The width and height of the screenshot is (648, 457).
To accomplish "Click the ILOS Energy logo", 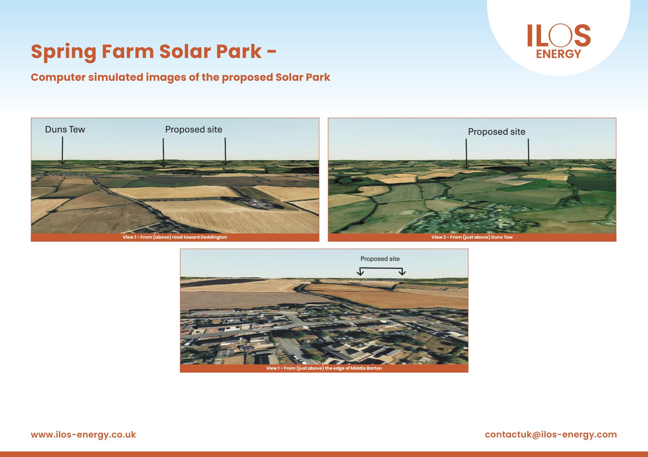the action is (559, 41).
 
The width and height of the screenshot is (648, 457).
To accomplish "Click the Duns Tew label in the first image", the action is (65, 129).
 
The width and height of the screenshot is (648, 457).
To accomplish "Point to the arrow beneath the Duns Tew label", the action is (62, 150).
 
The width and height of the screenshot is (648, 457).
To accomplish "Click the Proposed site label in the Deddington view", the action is (194, 129).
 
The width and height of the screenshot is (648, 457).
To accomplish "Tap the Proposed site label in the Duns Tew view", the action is (496, 132).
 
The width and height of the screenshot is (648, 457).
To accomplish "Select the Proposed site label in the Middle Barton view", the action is (380, 259).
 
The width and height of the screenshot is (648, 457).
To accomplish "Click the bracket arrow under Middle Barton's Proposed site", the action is (381, 268).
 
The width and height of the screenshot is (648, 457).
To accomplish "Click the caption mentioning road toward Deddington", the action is (175, 237).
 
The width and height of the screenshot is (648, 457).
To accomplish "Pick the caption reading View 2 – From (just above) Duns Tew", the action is (472, 237).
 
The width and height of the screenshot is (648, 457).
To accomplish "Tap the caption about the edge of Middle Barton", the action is (324, 368).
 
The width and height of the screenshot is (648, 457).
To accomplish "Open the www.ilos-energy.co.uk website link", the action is (83, 435).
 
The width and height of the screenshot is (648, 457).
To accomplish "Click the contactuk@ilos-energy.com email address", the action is (551, 435).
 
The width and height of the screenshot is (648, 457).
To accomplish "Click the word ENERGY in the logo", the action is (559, 54).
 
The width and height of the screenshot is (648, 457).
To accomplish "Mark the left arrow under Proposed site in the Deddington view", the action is (163, 153).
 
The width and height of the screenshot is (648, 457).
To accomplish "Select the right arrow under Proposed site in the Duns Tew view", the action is (529, 152).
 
